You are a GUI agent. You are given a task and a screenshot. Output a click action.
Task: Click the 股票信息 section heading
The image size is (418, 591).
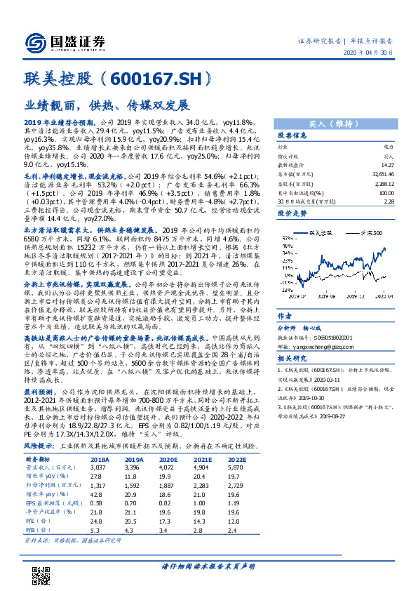292,135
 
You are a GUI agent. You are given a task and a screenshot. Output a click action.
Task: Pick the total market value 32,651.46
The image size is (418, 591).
383,173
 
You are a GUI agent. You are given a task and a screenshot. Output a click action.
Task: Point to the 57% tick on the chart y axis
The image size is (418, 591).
285,246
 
